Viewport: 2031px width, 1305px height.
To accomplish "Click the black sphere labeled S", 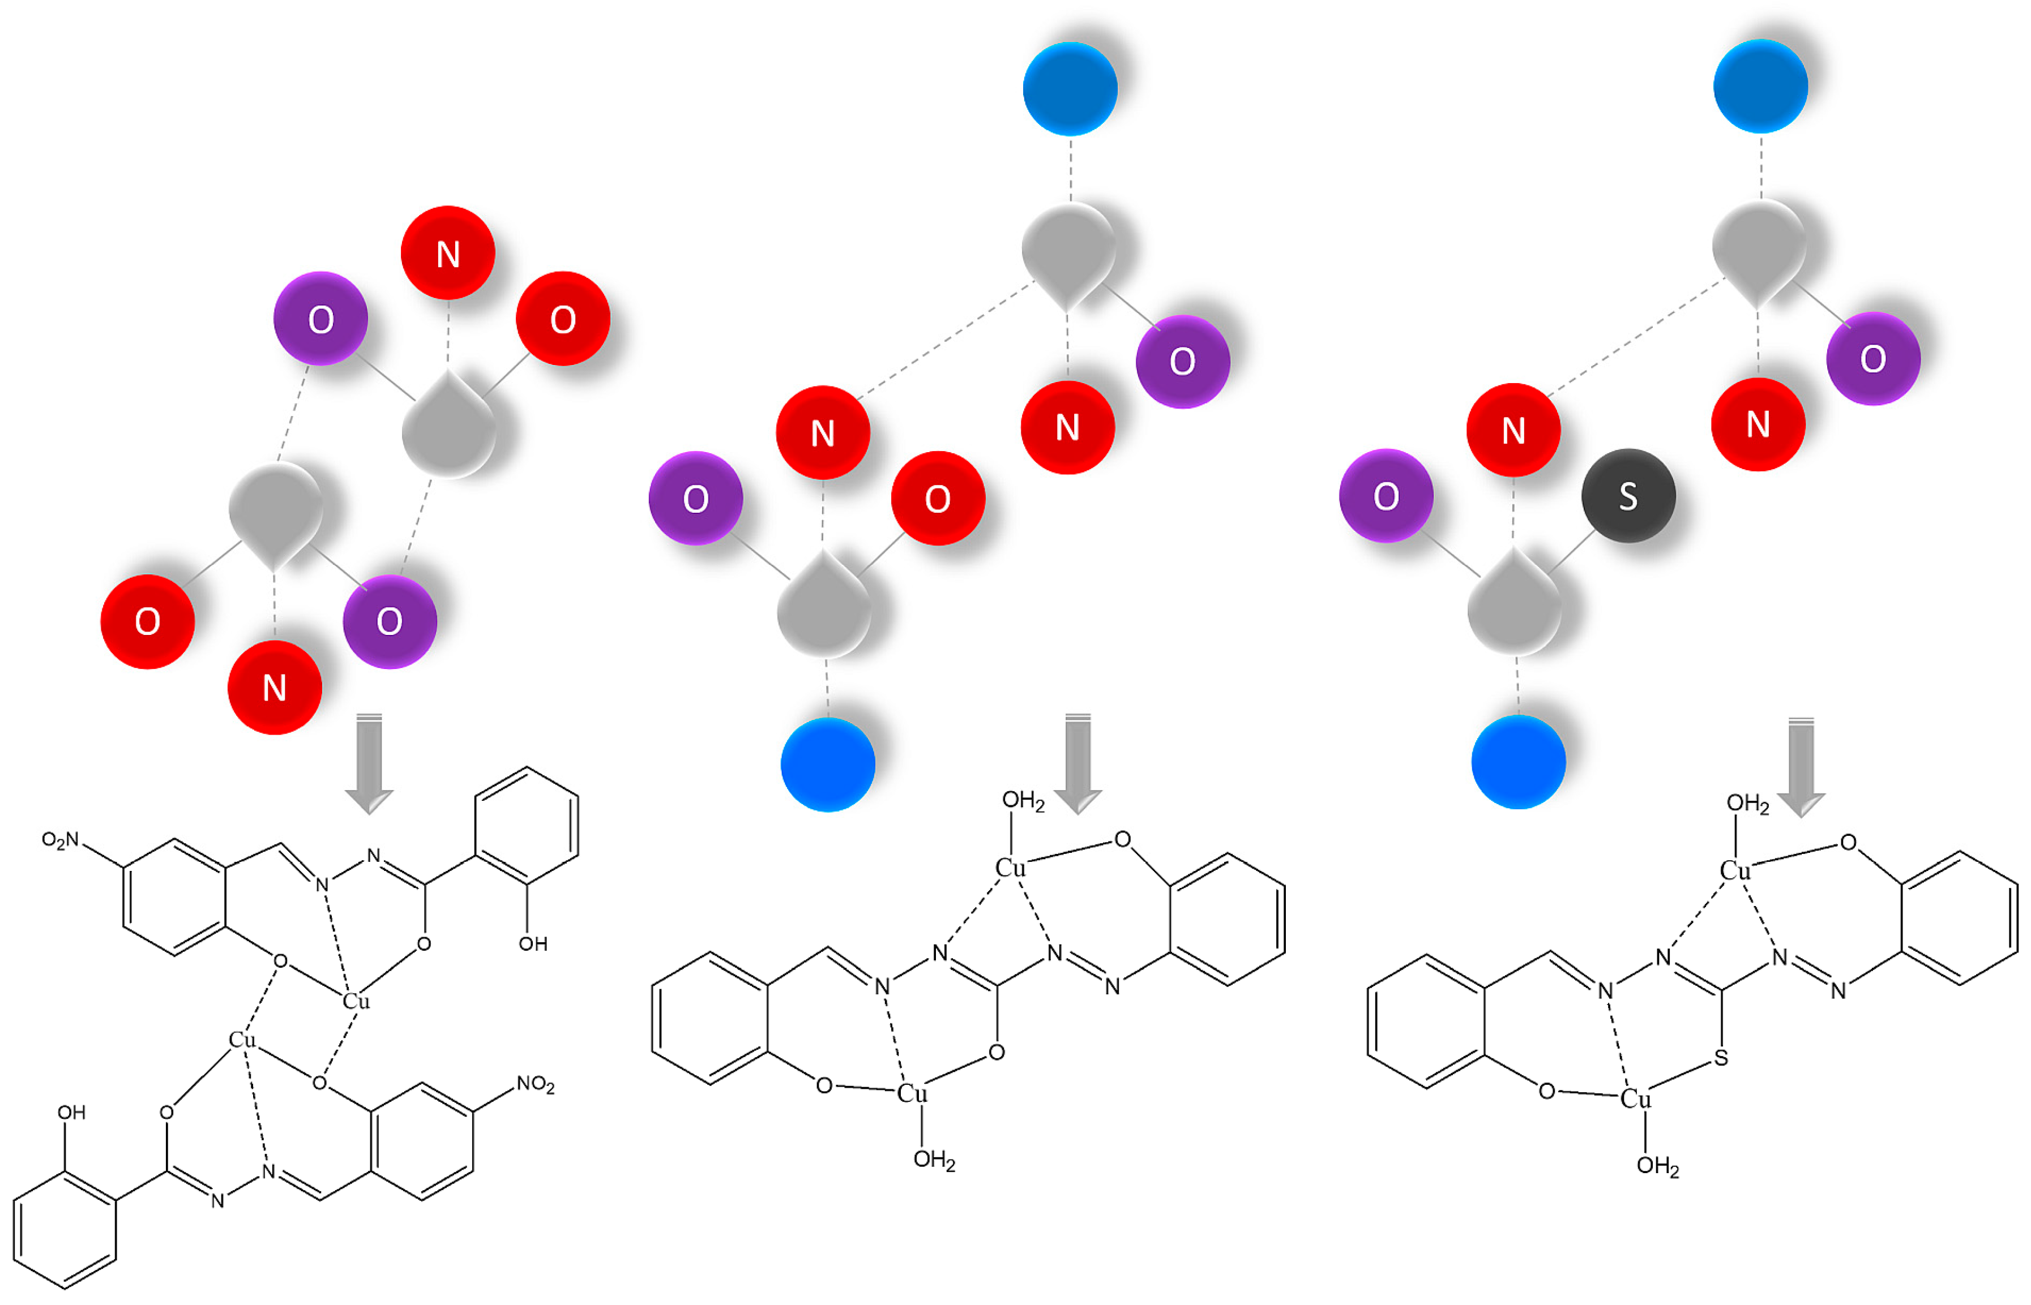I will [x=1627, y=496].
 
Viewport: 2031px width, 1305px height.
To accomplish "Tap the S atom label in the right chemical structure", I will [x=1721, y=1058].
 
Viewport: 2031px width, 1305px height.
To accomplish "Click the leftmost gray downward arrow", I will [x=369, y=763].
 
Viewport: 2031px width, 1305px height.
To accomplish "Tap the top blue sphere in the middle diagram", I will [x=1070, y=89].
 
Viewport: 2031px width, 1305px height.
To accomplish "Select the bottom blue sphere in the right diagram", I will [x=1518, y=762].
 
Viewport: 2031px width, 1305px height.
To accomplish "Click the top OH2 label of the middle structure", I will [x=1023, y=801].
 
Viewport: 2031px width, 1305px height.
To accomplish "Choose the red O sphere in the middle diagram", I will [x=938, y=498].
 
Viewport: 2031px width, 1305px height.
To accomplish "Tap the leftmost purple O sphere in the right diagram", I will [x=1386, y=496].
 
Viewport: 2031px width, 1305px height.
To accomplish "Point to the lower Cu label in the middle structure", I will [x=912, y=1093].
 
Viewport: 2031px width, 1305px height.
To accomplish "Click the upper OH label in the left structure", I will [x=533, y=944].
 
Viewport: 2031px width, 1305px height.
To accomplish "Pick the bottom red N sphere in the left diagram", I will [x=275, y=687].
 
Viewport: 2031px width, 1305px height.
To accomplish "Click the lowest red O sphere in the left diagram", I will [x=147, y=621].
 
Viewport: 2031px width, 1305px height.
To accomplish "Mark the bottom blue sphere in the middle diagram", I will [x=827, y=765].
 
